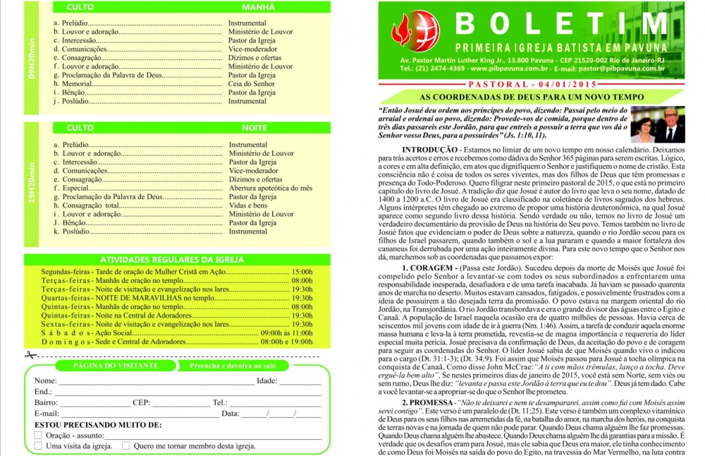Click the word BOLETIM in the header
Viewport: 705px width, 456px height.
557,24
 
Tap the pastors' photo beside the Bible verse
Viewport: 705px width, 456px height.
657,125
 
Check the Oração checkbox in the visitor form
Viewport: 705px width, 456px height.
39,436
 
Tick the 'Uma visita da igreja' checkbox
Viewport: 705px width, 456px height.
39,445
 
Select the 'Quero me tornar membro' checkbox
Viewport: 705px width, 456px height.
126,445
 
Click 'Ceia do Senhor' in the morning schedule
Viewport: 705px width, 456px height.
252,83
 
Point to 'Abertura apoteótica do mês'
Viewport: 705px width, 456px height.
270,188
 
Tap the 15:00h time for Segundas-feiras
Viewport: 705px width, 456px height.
302,271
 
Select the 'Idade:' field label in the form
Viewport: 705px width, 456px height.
267,381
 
